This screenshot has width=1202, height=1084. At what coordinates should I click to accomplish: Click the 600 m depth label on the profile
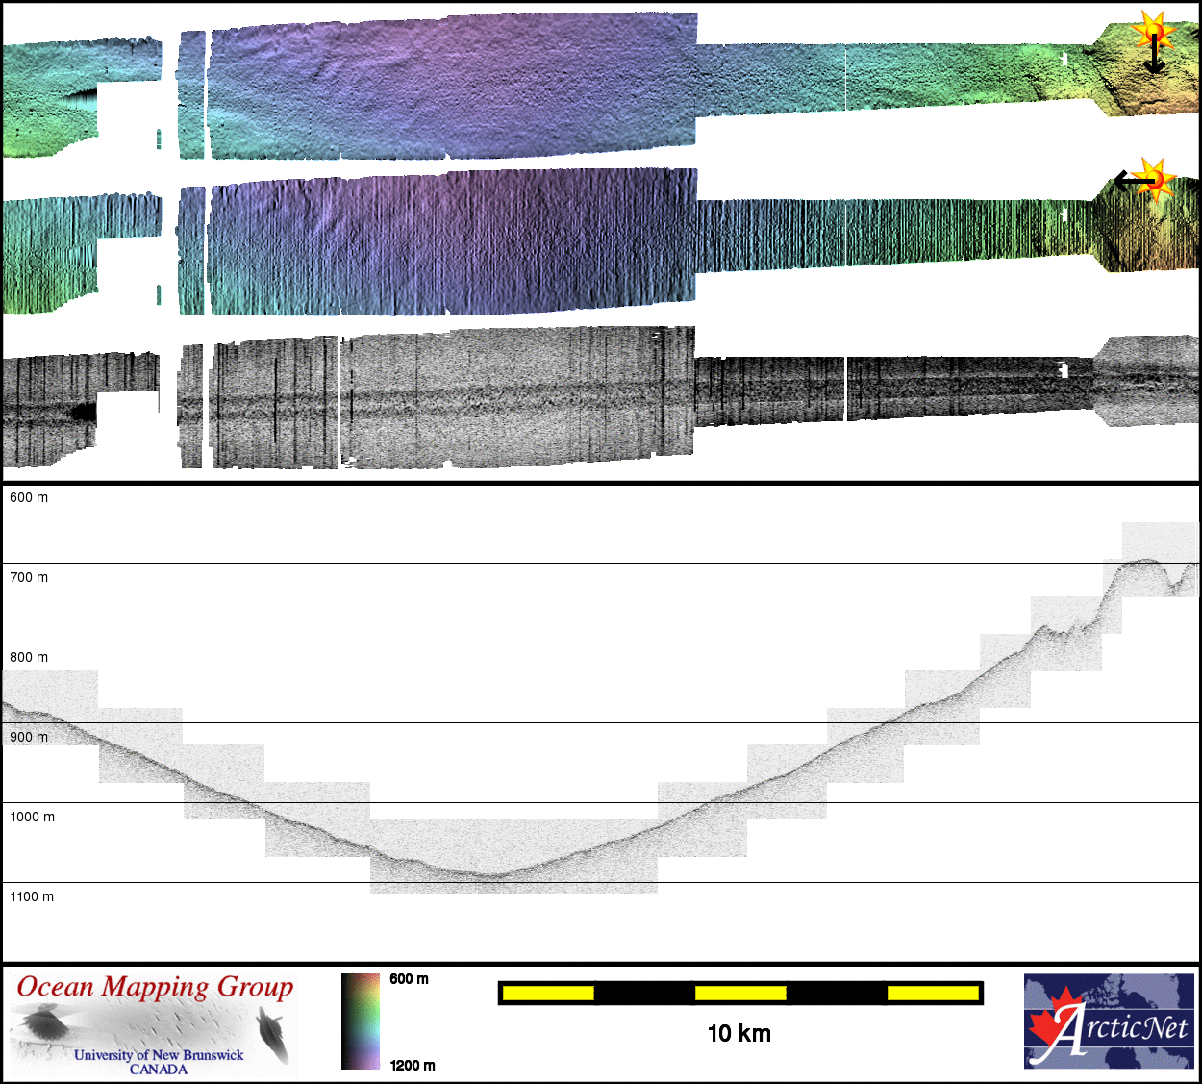pos(29,497)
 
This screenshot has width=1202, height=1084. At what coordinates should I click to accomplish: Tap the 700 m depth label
pos(29,577)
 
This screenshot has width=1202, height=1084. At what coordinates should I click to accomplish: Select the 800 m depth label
pos(29,657)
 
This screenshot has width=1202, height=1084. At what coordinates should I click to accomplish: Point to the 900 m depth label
pos(29,737)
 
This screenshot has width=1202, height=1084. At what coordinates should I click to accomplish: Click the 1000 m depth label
pos(33,817)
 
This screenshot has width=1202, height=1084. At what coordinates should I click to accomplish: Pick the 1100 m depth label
pos(32,896)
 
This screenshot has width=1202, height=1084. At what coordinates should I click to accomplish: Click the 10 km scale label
pos(739,1033)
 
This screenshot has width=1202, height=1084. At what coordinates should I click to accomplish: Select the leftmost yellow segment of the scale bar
pos(548,994)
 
